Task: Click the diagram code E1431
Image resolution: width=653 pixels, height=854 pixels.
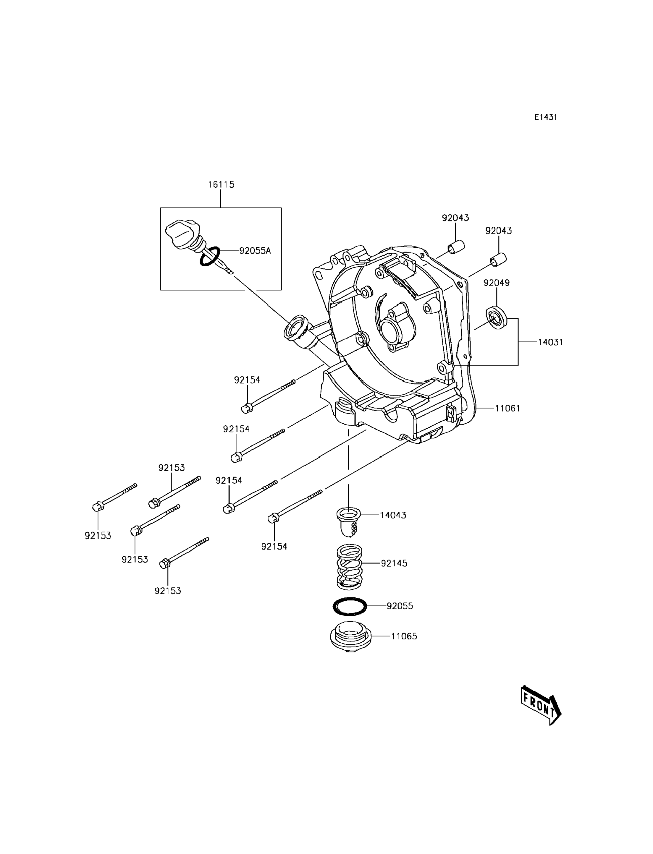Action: pyautogui.click(x=545, y=117)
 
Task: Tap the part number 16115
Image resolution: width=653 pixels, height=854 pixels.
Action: pyautogui.click(x=221, y=184)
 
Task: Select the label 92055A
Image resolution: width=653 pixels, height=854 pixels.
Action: pyautogui.click(x=255, y=251)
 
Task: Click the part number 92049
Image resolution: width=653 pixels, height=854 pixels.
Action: pyautogui.click(x=496, y=283)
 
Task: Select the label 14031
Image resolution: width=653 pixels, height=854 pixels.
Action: pyautogui.click(x=550, y=342)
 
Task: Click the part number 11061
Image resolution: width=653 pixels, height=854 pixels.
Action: pyautogui.click(x=507, y=408)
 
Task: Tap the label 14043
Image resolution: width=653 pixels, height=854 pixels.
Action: pyautogui.click(x=393, y=515)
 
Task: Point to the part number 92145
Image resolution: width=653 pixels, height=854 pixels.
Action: pyautogui.click(x=394, y=563)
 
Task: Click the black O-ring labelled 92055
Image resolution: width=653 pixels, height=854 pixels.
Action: pyautogui.click(x=350, y=606)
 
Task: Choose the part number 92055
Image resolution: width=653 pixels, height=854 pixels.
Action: pyautogui.click(x=400, y=606)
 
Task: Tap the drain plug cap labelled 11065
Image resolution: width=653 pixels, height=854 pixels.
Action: pyautogui.click(x=350, y=638)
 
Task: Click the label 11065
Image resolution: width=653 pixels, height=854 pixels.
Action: pyautogui.click(x=404, y=636)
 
